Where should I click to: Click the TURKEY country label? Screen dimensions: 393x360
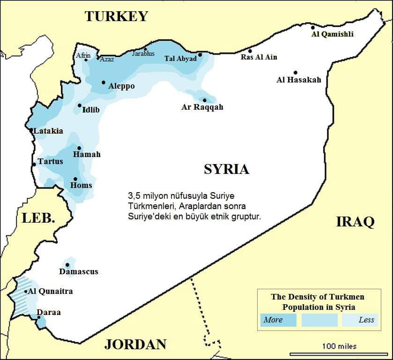(116, 16)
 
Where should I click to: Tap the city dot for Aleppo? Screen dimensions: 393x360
(104, 82)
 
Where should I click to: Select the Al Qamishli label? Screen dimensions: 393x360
(333, 34)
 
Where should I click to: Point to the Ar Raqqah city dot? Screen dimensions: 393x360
(205, 100)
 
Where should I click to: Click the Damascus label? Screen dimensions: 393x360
(79, 271)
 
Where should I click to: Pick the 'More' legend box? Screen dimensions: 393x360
(278, 320)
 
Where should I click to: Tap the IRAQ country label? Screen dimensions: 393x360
(355, 222)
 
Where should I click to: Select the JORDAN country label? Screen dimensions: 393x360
(135, 345)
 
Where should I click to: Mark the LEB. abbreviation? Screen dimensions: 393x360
(38, 218)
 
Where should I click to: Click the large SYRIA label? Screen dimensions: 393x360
(226, 169)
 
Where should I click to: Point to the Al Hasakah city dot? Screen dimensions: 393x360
(296, 73)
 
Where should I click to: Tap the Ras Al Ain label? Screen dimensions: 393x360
(259, 57)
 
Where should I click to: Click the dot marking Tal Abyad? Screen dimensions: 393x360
(200, 54)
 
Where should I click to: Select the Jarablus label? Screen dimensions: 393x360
(143, 54)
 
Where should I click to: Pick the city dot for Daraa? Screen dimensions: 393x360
(39, 317)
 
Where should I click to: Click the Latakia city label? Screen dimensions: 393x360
(48, 131)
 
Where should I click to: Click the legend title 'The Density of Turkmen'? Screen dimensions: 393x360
(318, 297)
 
